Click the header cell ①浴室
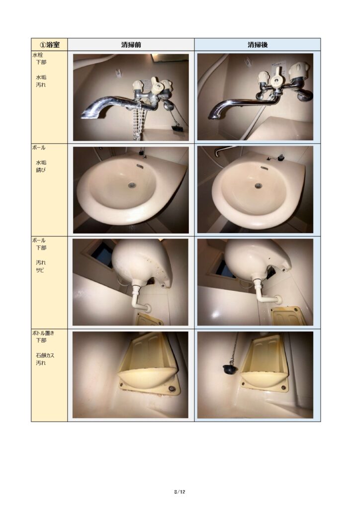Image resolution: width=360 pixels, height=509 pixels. [49, 44]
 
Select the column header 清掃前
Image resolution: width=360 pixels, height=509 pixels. [131, 44]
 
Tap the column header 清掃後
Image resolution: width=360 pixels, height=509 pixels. [258, 44]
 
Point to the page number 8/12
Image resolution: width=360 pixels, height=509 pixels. [180, 492]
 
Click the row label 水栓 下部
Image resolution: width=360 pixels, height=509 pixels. [39, 59]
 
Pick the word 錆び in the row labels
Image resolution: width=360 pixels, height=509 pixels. [41, 170]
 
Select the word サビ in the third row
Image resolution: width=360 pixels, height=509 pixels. [40, 270]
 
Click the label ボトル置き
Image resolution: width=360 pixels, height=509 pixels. [43, 333]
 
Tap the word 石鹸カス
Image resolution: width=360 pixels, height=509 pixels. [45, 355]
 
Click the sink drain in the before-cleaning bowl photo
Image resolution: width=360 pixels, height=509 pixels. [131, 185]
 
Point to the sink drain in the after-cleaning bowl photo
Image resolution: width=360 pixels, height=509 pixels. [258, 186]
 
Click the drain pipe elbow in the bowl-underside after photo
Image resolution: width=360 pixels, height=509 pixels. [265, 296]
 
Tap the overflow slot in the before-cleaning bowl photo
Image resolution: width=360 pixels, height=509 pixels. [140, 166]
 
